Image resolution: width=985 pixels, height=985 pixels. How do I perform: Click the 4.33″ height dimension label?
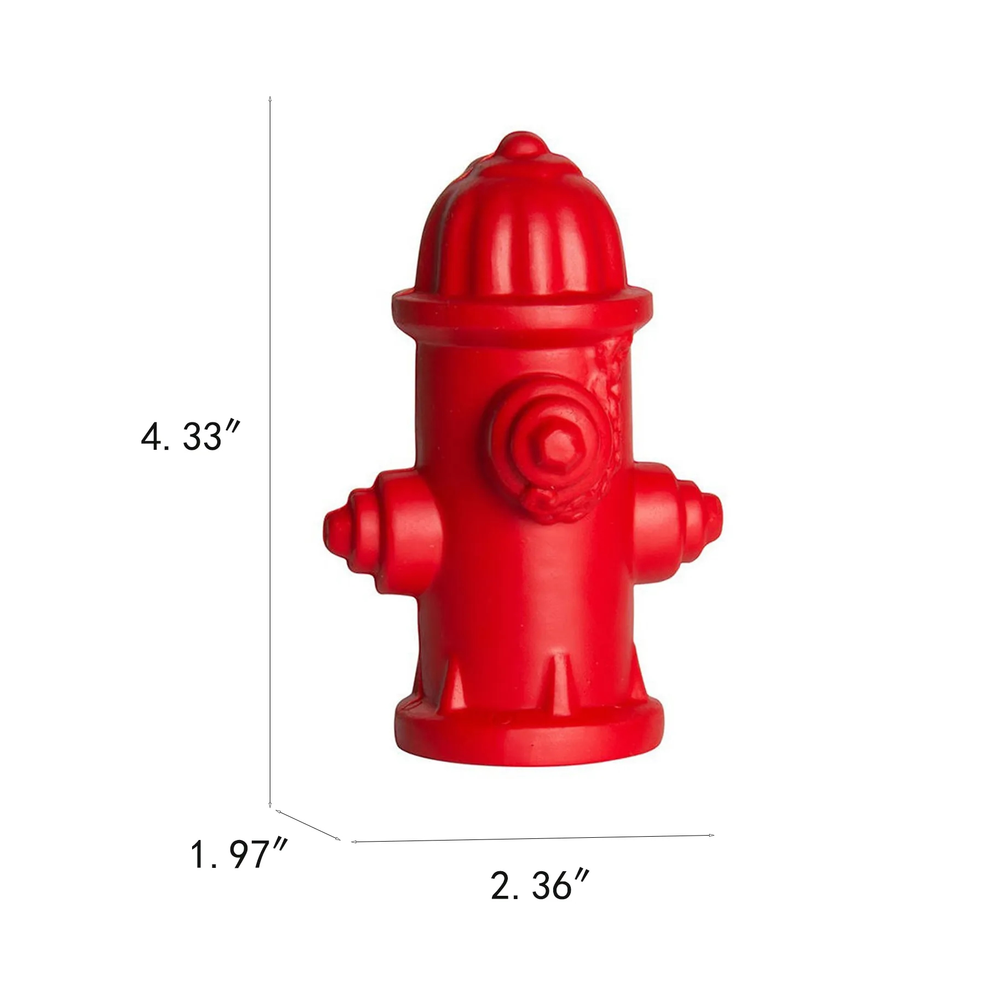tap(190, 437)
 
